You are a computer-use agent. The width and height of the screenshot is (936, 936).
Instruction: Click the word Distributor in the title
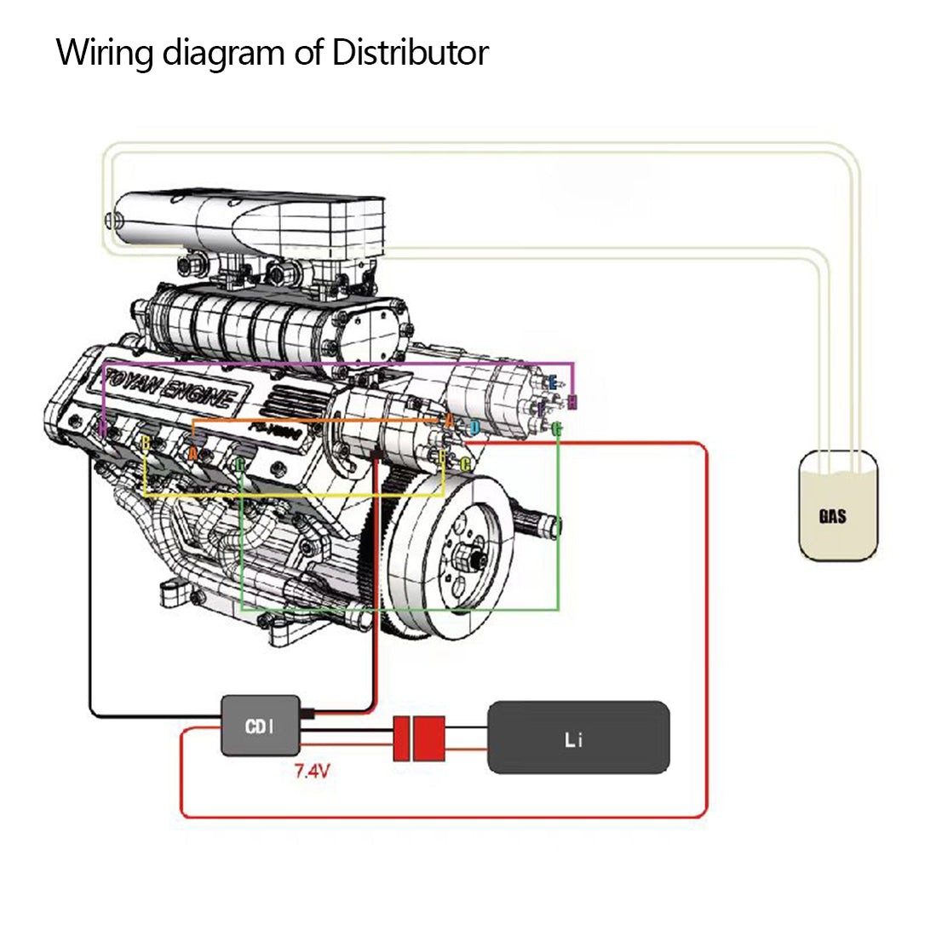point(410,53)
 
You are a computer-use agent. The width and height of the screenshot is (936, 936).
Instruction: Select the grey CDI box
point(260,726)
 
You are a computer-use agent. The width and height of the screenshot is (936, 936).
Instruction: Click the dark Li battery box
point(577,738)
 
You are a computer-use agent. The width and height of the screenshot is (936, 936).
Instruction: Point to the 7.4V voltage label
point(312,772)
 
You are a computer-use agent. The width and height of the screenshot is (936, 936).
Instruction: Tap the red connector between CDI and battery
point(419,738)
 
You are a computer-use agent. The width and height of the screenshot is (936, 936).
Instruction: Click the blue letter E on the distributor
point(552,382)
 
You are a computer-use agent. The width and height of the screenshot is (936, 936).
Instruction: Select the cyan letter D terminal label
point(474,428)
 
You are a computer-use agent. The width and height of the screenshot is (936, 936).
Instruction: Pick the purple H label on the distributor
point(572,402)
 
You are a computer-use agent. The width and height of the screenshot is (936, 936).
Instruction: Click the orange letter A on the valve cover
point(193,453)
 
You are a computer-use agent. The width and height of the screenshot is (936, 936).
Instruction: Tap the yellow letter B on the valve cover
point(146,444)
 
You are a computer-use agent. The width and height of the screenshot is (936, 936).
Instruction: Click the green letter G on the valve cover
point(240,464)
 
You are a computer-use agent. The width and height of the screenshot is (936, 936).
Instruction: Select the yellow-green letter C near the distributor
point(465,464)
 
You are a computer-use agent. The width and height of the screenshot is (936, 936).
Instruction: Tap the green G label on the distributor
point(556,428)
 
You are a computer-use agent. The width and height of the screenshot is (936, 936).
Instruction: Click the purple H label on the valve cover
point(103,428)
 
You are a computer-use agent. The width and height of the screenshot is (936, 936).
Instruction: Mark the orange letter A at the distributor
point(449,419)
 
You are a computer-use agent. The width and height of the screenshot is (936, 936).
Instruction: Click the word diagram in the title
point(224,53)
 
